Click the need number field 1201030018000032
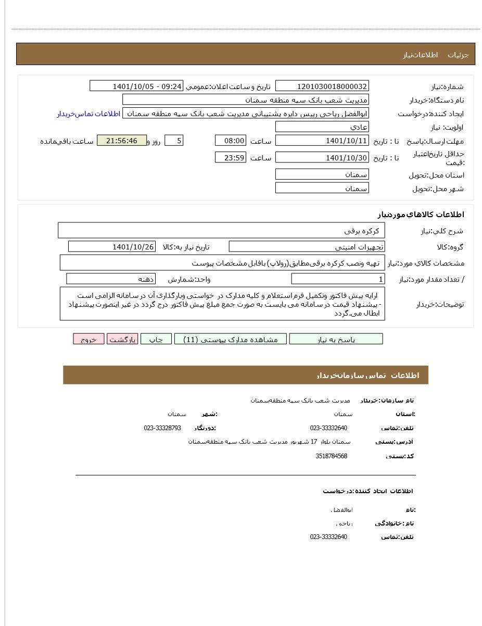tap(322, 86)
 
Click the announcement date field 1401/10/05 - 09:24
tap(136, 86)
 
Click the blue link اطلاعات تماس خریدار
tap(88, 114)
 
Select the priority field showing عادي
tap(322, 127)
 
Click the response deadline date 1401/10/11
tap(322, 141)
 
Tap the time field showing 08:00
tap(230, 141)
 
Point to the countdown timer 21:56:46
tap(122, 141)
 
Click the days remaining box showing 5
tap(173, 141)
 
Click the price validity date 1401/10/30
tap(322, 158)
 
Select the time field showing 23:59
tap(230, 158)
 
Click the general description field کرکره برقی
tap(221, 231)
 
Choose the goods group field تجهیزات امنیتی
tap(307, 247)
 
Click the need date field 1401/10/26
tap(111, 247)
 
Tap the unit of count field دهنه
tap(111, 279)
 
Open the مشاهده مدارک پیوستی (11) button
tap(230, 340)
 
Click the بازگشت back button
tap(122, 340)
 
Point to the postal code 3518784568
tap(331, 456)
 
